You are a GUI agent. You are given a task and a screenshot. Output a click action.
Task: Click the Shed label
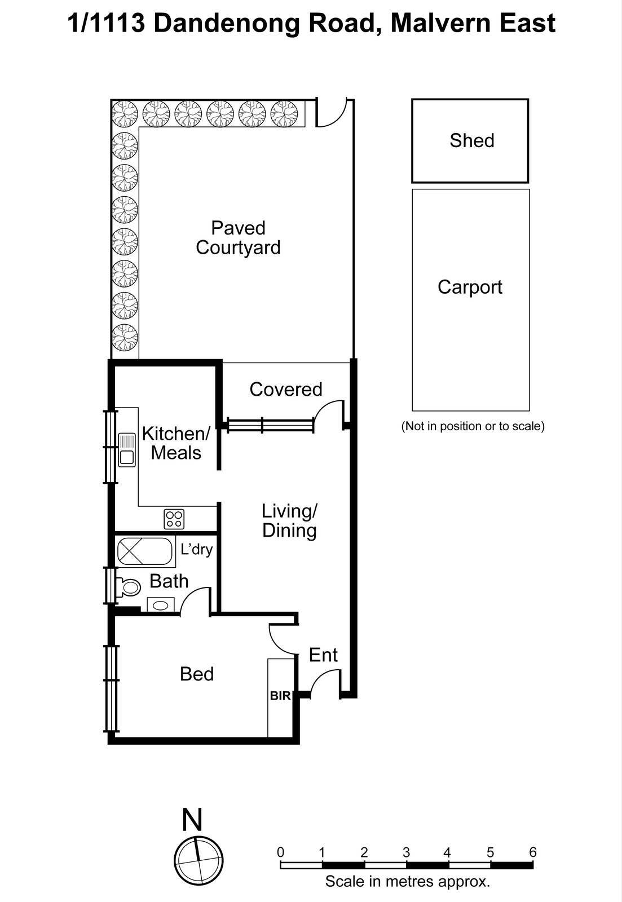[x=471, y=140]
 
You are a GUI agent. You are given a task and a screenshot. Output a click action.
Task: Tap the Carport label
[x=470, y=287]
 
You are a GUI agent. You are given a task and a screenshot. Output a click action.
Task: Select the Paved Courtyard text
[x=238, y=238]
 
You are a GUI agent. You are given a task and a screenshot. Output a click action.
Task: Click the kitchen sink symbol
[x=127, y=449]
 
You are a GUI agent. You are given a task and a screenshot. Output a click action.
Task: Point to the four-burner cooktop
[x=174, y=519]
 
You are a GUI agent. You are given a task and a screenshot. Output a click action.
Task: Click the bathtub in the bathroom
[x=145, y=551]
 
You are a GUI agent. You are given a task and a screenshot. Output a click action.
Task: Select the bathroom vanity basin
[x=161, y=605]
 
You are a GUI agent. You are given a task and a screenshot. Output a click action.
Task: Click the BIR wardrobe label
[x=280, y=696]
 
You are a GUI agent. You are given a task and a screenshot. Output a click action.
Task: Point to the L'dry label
[x=196, y=549]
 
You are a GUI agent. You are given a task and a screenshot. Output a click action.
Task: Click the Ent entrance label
[x=323, y=655]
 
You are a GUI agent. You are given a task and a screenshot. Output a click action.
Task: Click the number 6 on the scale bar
[x=532, y=852]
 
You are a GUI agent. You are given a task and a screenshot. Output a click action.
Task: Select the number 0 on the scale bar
[x=281, y=852]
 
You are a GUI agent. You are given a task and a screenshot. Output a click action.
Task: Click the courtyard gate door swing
[x=330, y=113]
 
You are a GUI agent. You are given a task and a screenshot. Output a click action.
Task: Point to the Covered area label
[x=285, y=389]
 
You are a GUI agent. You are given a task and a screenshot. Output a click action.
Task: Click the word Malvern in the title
[x=435, y=23]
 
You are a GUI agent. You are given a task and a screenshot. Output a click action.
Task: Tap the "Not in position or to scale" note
[x=473, y=426]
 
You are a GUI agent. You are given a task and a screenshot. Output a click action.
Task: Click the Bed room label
[x=196, y=674]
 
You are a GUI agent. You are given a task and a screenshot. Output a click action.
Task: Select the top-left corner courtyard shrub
[x=125, y=114]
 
